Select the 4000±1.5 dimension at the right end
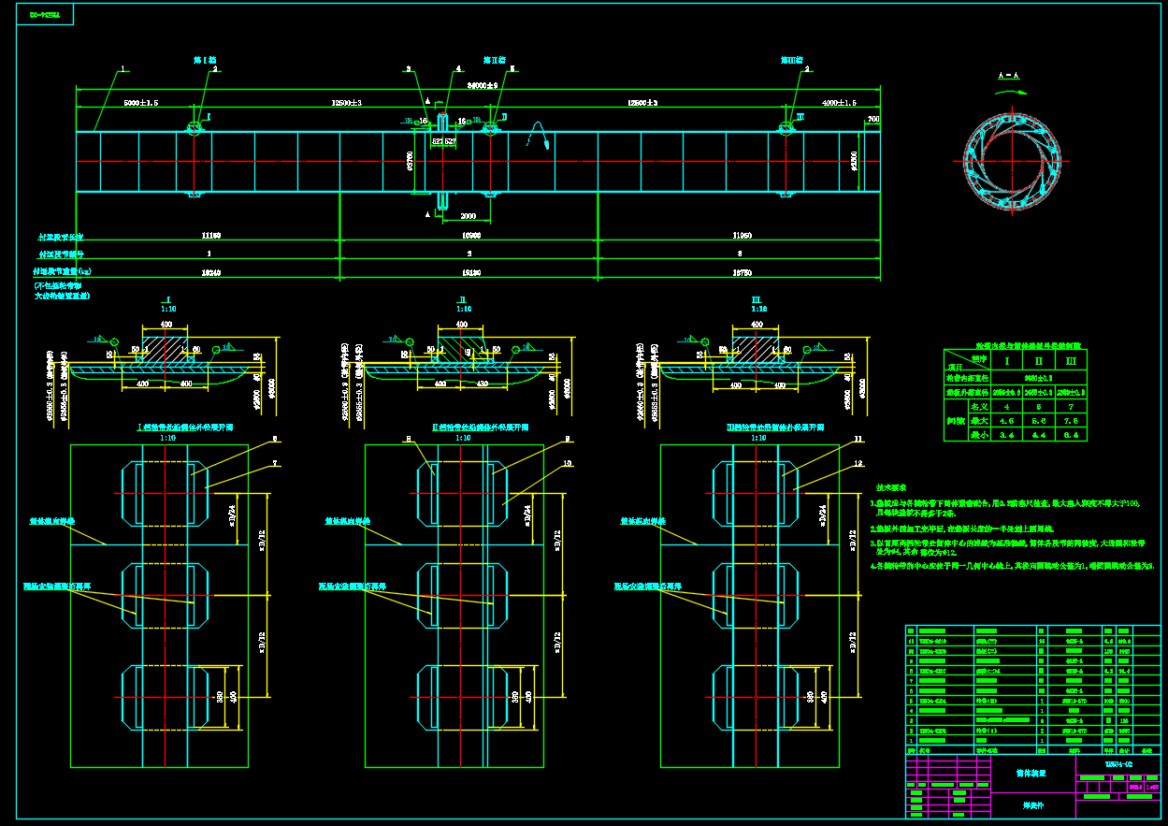click(838, 103)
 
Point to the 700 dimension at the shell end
click(873, 120)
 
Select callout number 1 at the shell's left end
click(123, 69)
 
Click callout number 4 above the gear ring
click(458, 68)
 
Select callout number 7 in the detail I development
click(274, 464)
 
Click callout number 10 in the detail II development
click(569, 464)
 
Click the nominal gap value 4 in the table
click(1007, 407)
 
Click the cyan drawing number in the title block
click(1118, 764)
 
